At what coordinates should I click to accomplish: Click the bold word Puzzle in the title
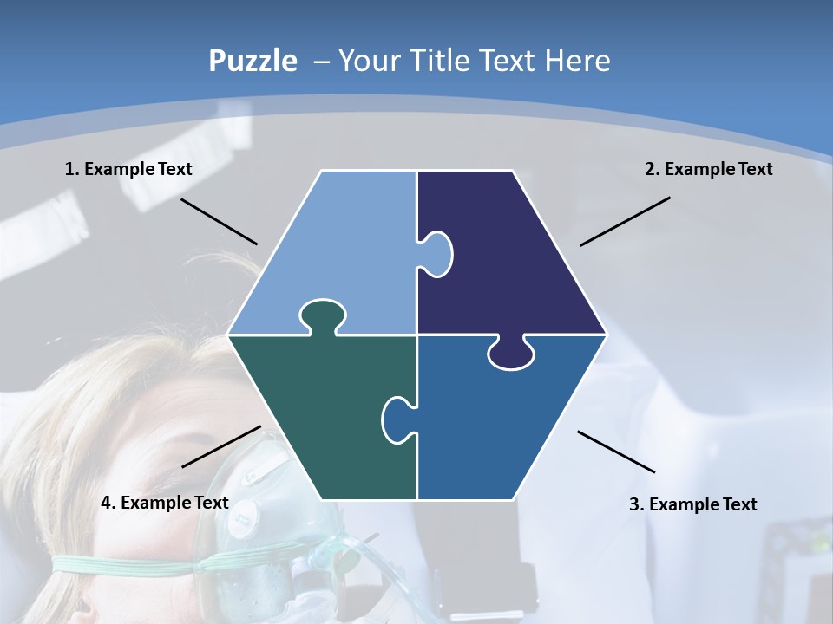pyautogui.click(x=253, y=61)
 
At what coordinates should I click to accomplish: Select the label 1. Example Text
pyautogui.click(x=128, y=169)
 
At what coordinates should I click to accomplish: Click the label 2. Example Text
pyautogui.click(x=708, y=169)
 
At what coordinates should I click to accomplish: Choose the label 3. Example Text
pyautogui.click(x=692, y=504)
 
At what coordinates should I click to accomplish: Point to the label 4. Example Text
pyautogui.click(x=165, y=503)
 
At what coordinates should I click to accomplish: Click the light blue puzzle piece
pyautogui.click(x=338, y=251)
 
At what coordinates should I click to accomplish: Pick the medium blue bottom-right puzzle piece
pyautogui.click(x=503, y=425)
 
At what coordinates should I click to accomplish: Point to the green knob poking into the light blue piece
pyautogui.click(x=321, y=315)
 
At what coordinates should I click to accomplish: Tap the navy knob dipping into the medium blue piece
pyautogui.click(x=511, y=354)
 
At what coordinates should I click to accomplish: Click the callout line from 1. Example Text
pyautogui.click(x=219, y=221)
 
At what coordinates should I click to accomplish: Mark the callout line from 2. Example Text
pyautogui.click(x=625, y=221)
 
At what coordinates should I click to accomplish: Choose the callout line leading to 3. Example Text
pyautogui.click(x=616, y=452)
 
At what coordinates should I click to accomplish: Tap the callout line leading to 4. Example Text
pyautogui.click(x=221, y=446)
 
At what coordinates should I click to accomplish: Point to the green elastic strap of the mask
pyautogui.click(x=130, y=565)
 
